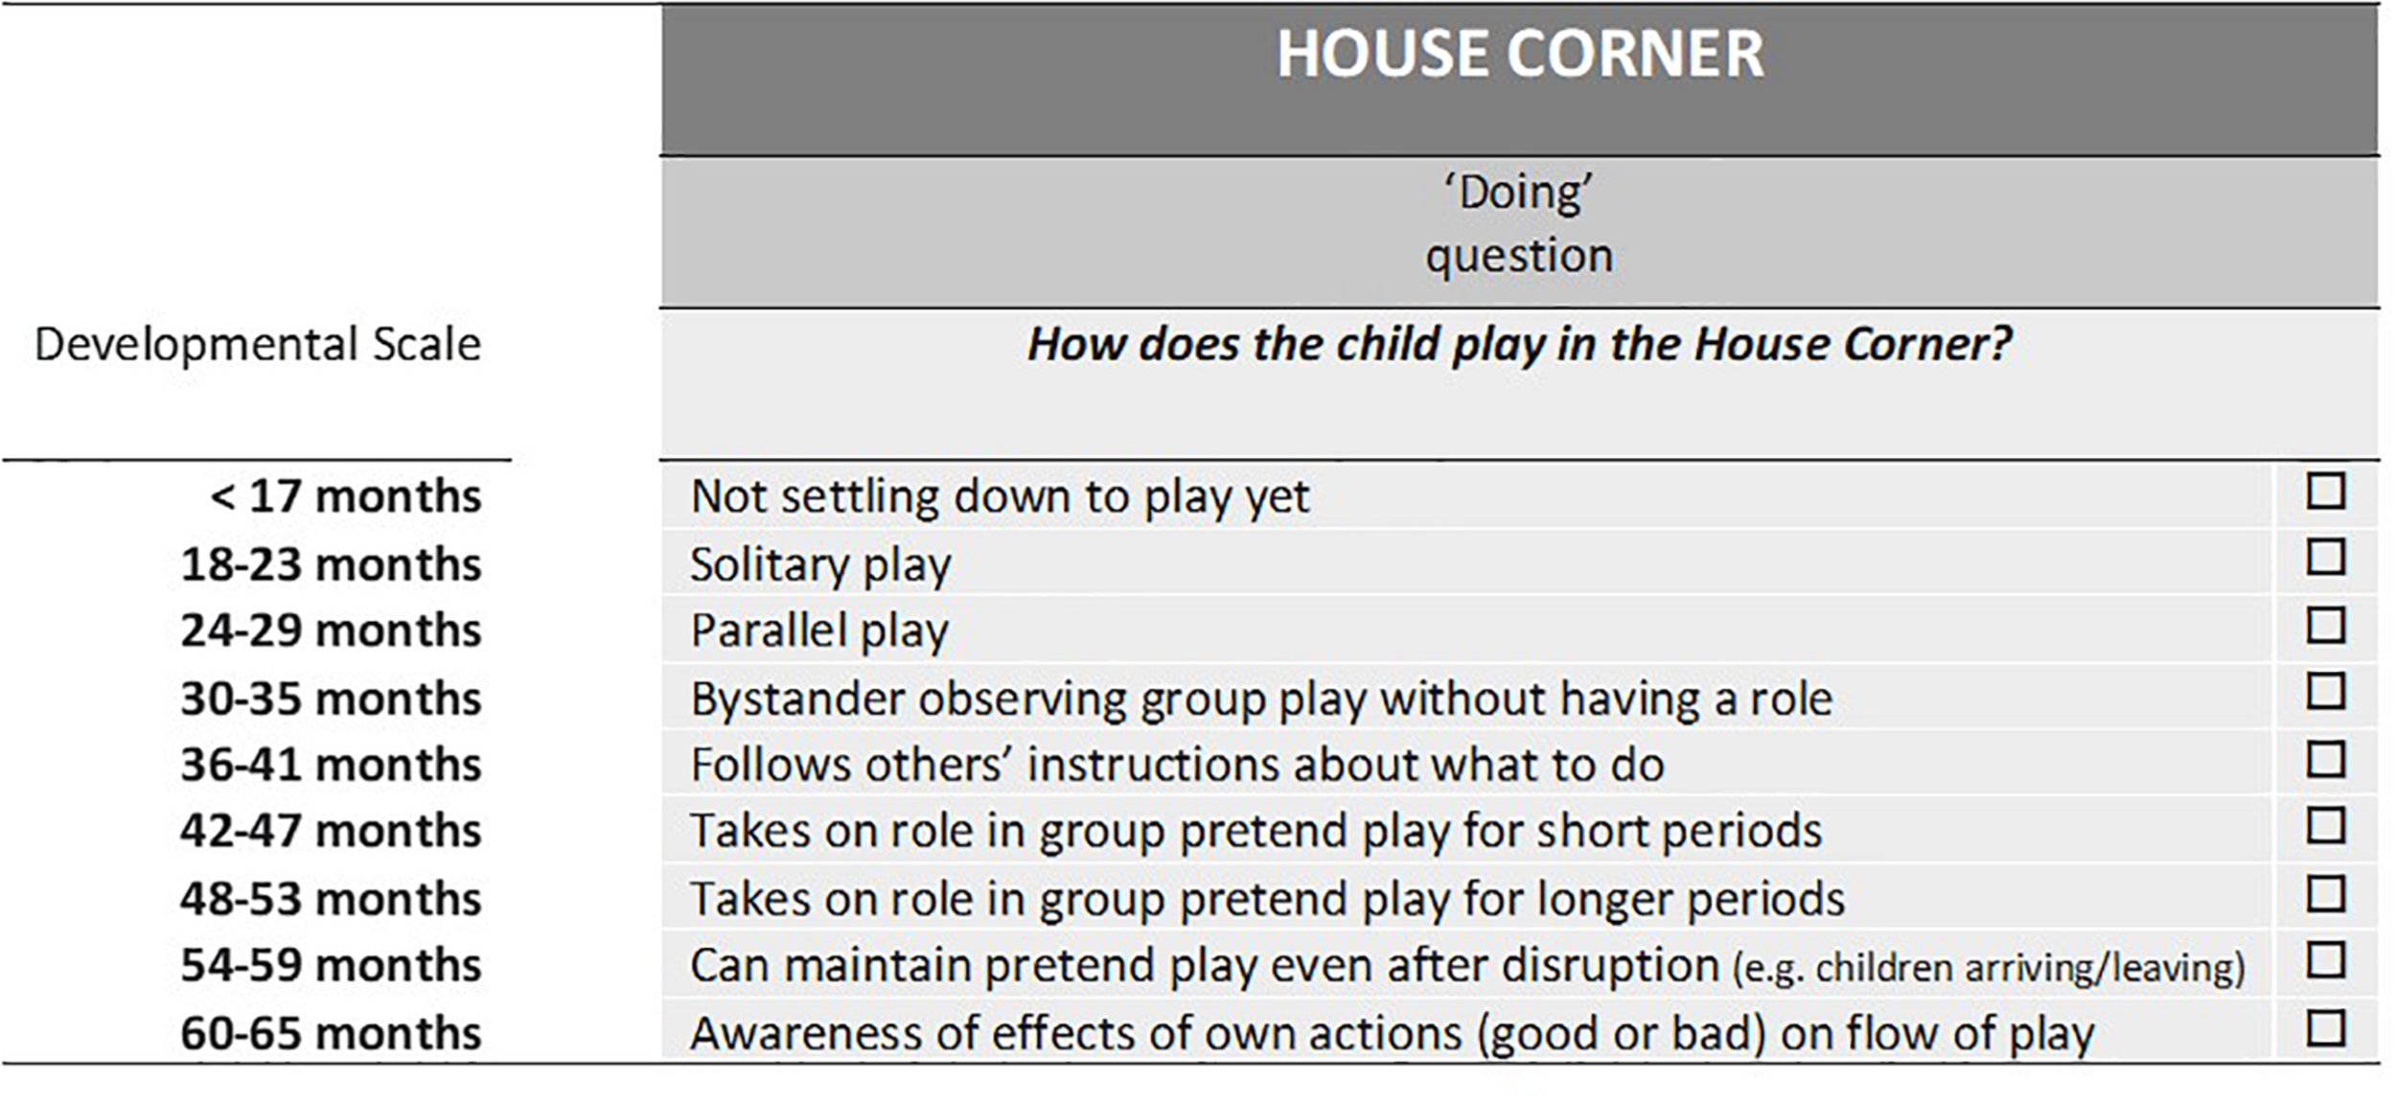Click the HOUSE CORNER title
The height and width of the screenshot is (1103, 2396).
coord(1519,54)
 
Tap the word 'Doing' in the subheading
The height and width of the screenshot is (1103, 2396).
coord(1519,192)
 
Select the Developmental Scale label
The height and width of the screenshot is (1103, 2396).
coord(258,344)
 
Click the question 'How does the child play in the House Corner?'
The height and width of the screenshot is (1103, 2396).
coord(1519,345)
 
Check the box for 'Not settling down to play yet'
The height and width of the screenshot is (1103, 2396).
coord(2326,492)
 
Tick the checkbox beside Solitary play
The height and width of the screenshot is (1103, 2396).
coord(2326,558)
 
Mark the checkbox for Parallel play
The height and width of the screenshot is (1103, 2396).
coord(2326,626)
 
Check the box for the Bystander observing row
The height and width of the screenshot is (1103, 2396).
coord(2326,692)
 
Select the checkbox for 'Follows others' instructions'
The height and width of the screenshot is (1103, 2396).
coord(2326,760)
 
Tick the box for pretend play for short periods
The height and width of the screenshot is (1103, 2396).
coord(2326,826)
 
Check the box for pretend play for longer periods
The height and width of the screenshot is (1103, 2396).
coord(2326,894)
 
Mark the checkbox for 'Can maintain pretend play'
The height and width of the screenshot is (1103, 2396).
coord(2326,960)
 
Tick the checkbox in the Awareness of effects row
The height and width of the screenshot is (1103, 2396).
coord(2326,1029)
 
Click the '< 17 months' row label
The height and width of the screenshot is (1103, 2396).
coord(346,496)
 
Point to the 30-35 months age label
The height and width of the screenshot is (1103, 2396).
coord(331,699)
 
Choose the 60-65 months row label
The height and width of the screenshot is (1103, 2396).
coord(331,1033)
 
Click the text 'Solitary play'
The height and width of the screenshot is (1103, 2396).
coord(820,565)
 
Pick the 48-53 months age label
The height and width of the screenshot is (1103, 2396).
coord(331,899)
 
